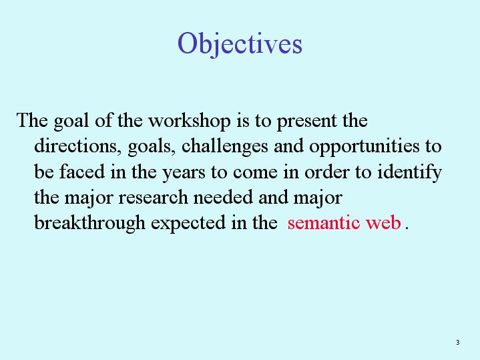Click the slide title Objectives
[x=240, y=44]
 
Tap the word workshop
[x=190, y=120]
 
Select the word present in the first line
[x=306, y=122]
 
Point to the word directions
[x=75, y=146]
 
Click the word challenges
[x=225, y=146]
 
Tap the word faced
[x=81, y=171]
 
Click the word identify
[x=409, y=172]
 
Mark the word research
[x=153, y=198]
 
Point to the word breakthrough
[x=89, y=223]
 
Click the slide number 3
[x=458, y=342]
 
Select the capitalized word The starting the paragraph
[x=32, y=120]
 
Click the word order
[x=326, y=172]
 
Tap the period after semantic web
[x=407, y=228]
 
